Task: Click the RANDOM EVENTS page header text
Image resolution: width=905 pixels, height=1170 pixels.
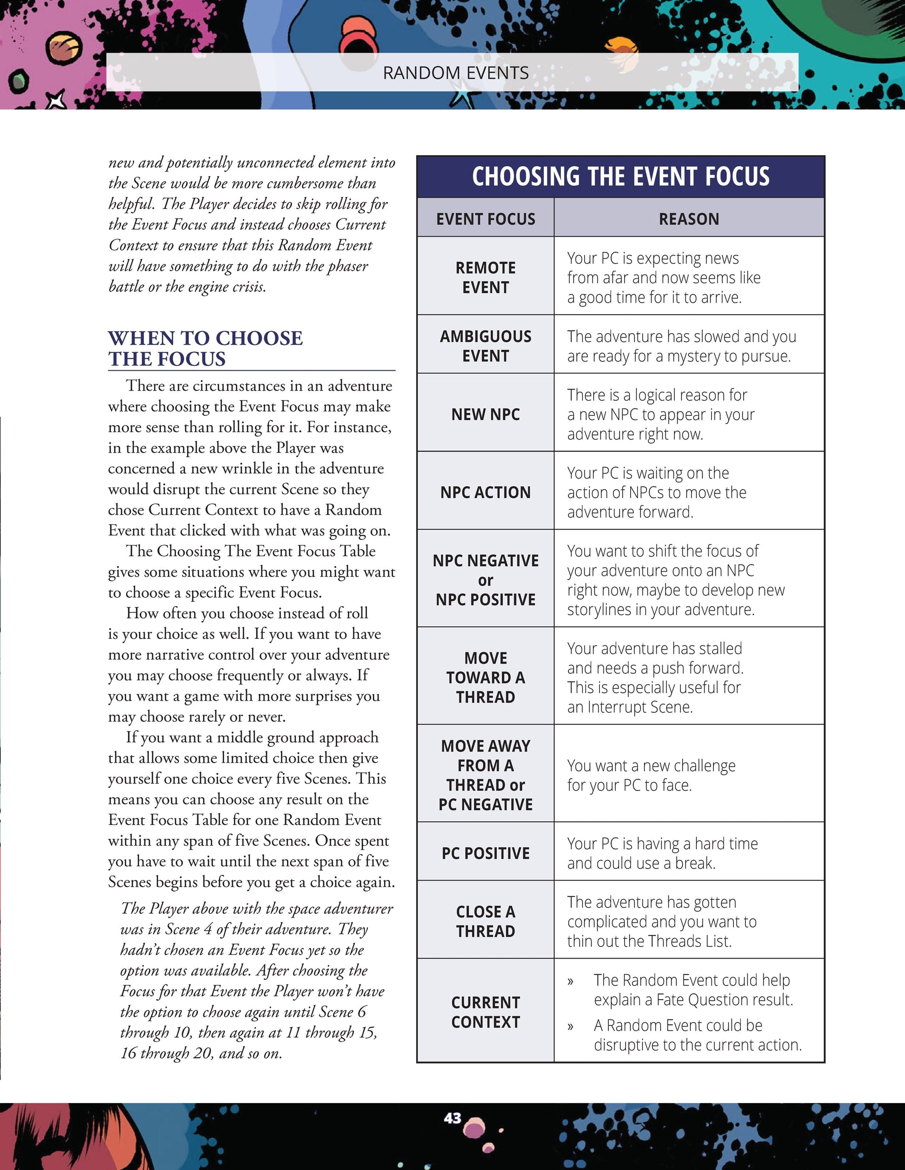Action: pyautogui.click(x=456, y=73)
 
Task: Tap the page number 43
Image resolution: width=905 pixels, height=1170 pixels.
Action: pyautogui.click(x=452, y=1117)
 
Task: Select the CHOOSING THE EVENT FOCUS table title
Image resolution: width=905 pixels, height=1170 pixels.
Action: pyautogui.click(x=620, y=176)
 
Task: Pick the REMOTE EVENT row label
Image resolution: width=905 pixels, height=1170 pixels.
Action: pyautogui.click(x=485, y=277)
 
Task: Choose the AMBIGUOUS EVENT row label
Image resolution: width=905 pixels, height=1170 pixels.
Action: pyautogui.click(x=485, y=346)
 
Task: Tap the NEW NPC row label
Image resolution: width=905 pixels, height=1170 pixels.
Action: pyautogui.click(x=485, y=414)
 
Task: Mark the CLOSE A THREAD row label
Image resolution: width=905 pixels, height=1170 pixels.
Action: pyautogui.click(x=485, y=921)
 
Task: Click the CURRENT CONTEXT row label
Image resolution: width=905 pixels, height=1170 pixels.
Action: pyautogui.click(x=485, y=1012)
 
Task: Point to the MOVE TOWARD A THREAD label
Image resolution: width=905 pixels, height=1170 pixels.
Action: pyautogui.click(x=485, y=677)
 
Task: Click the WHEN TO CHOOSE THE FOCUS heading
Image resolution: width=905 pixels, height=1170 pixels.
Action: pyautogui.click(x=206, y=348)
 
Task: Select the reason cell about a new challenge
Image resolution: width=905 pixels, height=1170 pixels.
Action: pyautogui.click(x=651, y=775)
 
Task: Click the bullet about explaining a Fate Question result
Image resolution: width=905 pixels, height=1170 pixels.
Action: pyautogui.click(x=692, y=989)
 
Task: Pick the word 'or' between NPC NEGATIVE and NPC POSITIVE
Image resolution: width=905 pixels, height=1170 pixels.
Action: pyautogui.click(x=485, y=580)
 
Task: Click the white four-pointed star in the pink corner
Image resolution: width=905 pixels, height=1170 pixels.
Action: pyautogui.click(x=56, y=99)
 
